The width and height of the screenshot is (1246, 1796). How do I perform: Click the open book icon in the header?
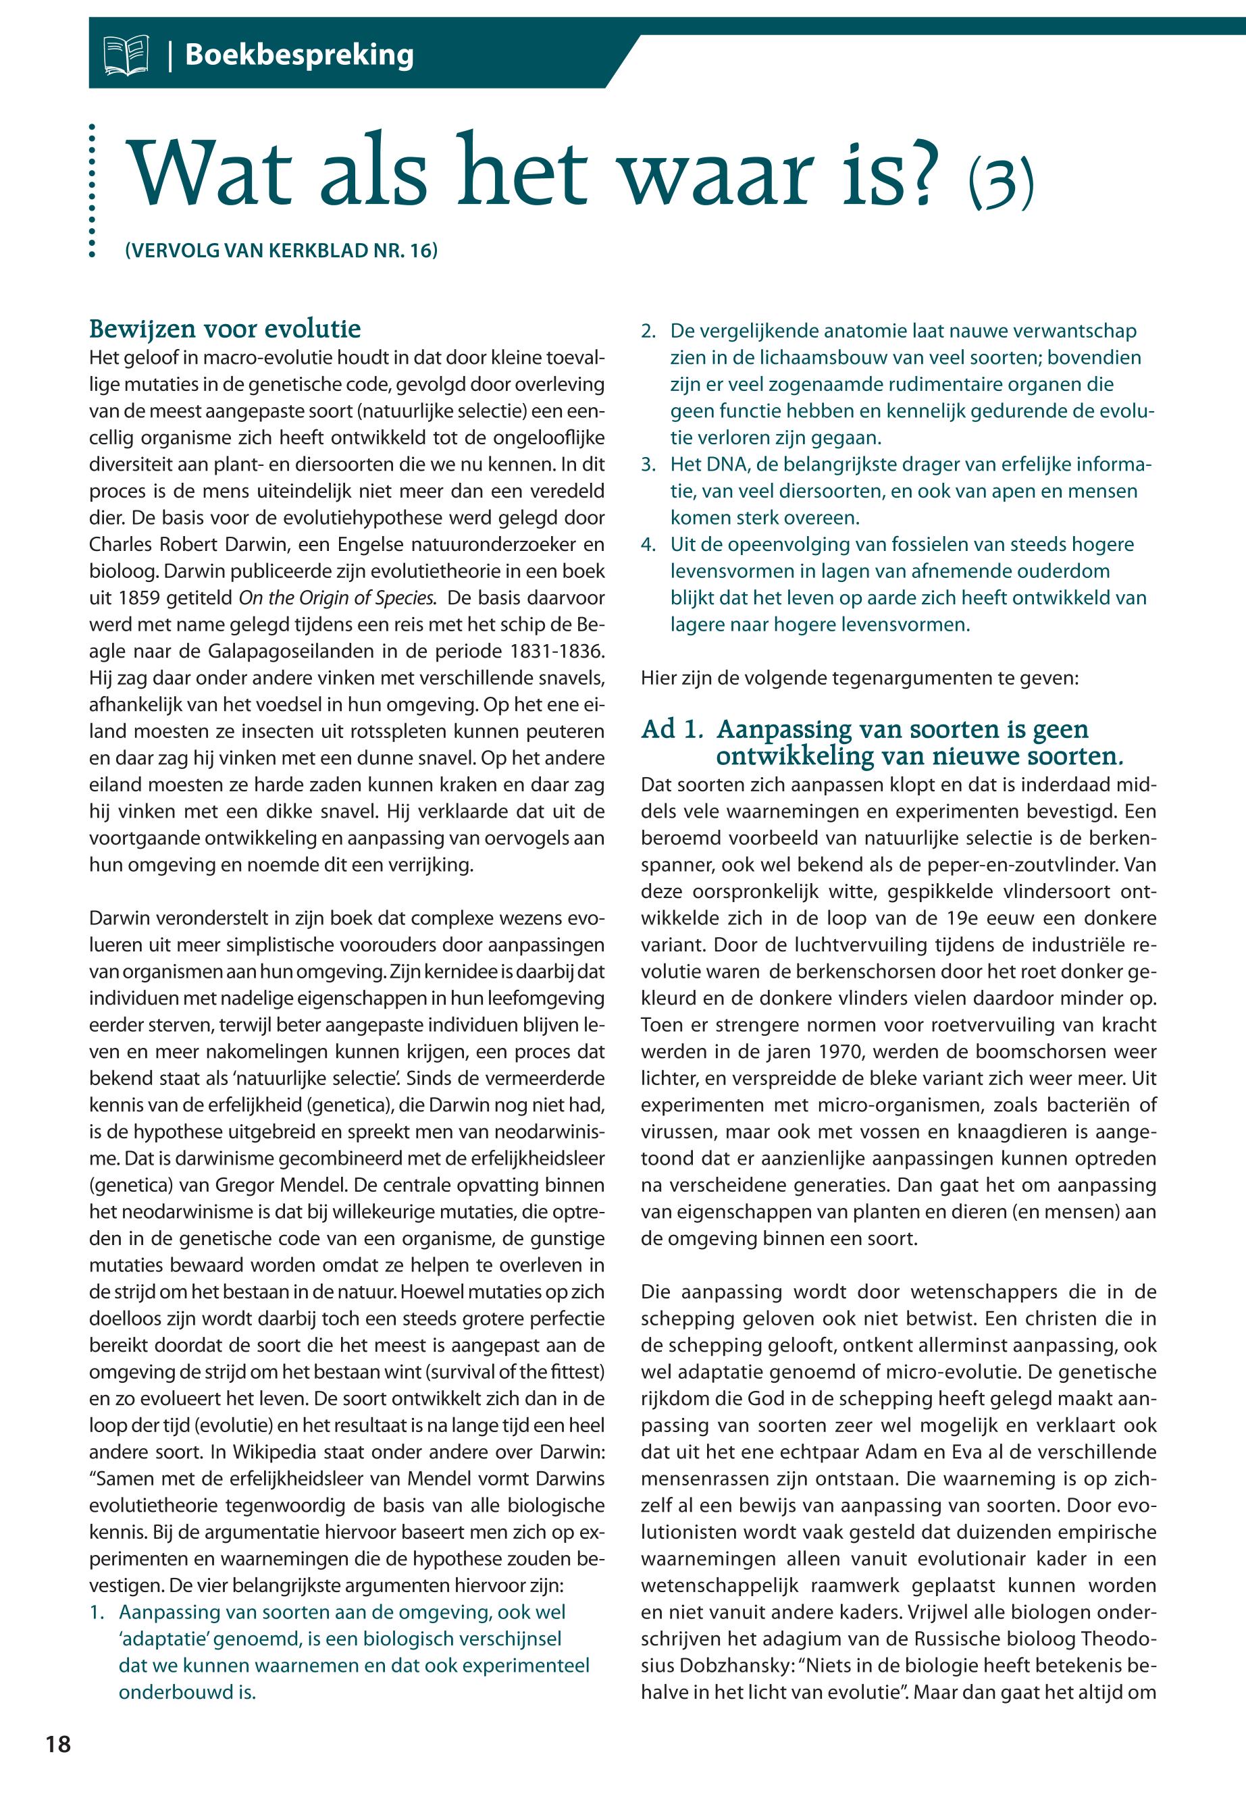click(126, 56)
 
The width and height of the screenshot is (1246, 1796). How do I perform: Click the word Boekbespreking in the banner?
click(299, 55)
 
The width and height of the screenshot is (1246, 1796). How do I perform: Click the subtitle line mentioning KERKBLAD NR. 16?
click(281, 250)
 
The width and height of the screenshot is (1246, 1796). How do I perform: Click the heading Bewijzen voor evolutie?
click(225, 329)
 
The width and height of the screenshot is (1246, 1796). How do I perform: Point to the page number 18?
click(59, 1744)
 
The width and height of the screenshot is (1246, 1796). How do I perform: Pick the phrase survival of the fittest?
click(509, 1372)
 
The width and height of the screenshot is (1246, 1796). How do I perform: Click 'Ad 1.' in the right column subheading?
click(671, 730)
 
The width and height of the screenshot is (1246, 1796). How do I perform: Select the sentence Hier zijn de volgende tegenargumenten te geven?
click(859, 677)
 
